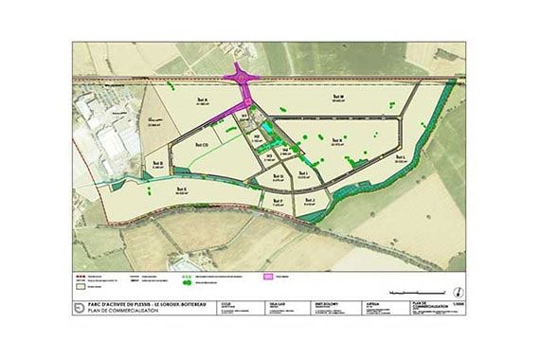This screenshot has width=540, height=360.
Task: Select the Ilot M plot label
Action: (338, 96)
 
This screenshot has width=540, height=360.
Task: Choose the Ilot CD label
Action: (200, 145)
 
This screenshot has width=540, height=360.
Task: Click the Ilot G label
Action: (278, 176)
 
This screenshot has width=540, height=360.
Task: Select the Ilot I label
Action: (305, 173)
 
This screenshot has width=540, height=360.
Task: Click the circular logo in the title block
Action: (80, 305)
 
